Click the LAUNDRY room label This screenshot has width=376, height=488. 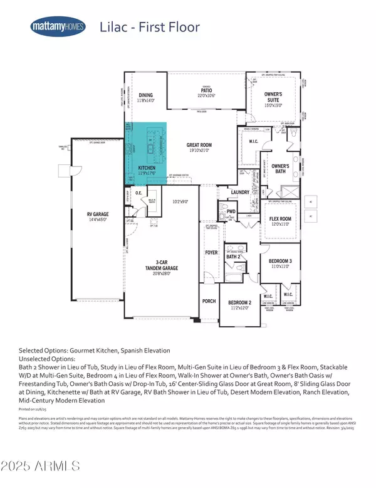[240, 192]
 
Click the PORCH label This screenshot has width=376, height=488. [209, 300]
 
